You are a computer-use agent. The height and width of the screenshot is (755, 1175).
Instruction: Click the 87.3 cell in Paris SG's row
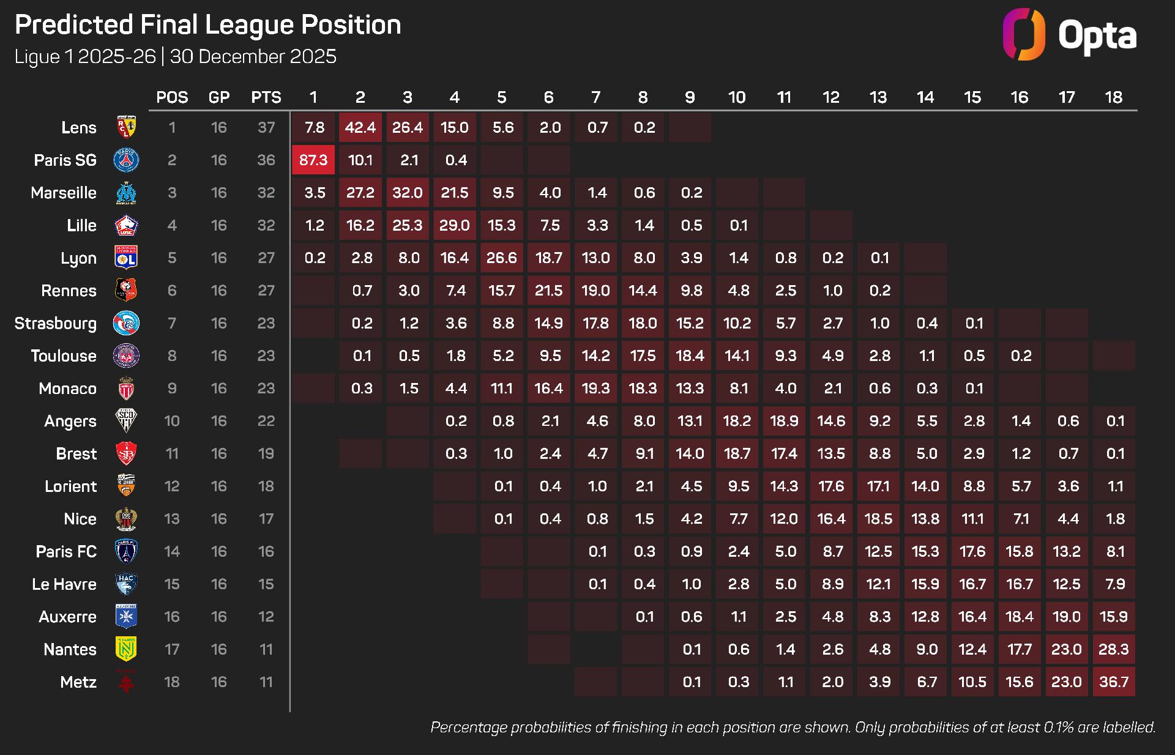[313, 160]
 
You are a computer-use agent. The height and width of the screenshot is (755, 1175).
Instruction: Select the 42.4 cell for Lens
[360, 127]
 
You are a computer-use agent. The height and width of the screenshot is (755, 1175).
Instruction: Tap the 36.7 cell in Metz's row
[1114, 682]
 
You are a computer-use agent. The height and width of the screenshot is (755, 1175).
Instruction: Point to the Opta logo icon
[1024, 34]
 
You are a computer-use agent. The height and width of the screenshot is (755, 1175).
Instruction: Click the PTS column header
[266, 97]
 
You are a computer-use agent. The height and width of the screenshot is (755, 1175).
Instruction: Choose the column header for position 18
[1114, 97]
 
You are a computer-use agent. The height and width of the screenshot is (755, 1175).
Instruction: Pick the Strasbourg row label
[56, 323]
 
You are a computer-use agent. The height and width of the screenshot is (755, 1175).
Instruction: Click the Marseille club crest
[127, 193]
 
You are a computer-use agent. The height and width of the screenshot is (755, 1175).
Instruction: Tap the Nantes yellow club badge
[127, 649]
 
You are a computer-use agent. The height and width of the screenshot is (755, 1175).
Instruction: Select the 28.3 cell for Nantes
[1114, 649]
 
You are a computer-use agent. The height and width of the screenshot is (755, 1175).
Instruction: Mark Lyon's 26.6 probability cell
[502, 258]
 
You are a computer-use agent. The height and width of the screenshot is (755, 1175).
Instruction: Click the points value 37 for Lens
[266, 127]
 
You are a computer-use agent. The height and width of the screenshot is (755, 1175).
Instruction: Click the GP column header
[219, 97]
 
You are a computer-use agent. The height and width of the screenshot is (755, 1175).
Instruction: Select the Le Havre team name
[64, 584]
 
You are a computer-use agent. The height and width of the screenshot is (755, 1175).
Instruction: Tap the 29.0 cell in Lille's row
[455, 225]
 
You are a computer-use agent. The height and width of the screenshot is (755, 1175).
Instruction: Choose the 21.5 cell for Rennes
[549, 290]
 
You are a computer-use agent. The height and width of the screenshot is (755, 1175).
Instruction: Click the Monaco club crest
[127, 389]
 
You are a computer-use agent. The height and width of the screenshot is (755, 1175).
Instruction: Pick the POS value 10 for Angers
[172, 421]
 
